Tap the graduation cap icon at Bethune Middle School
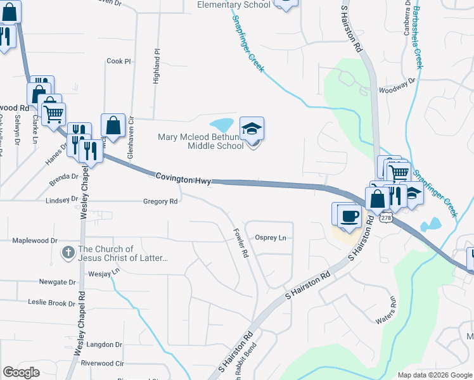click(x=252, y=129)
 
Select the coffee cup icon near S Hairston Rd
click(x=349, y=215)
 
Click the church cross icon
click(x=68, y=253)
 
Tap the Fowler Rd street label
click(x=240, y=243)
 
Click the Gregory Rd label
click(x=160, y=201)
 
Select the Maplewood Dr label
click(x=35, y=241)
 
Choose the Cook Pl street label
click(x=118, y=61)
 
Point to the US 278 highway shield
click(x=386, y=217)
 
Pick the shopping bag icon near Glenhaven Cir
click(x=113, y=125)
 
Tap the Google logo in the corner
click(x=21, y=372)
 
